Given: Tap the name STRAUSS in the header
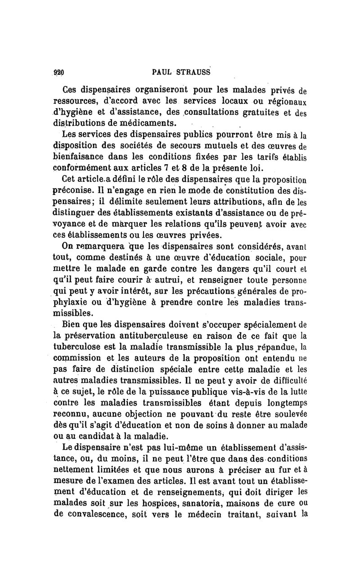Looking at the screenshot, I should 191,72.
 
